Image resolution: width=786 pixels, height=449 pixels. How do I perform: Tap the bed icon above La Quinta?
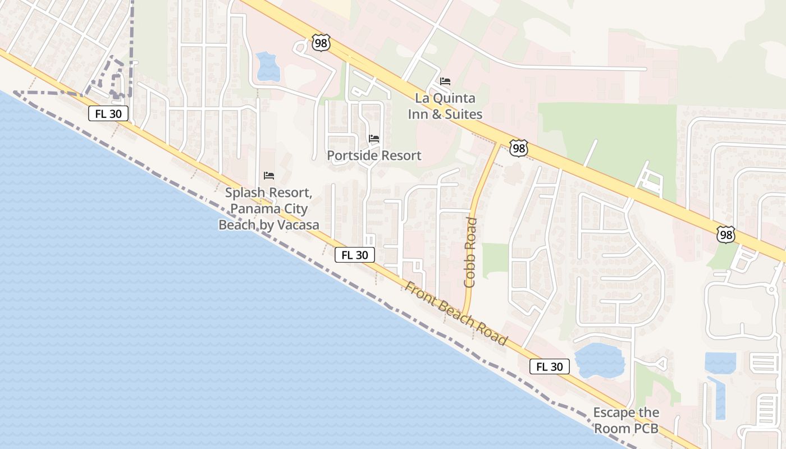pos(445,81)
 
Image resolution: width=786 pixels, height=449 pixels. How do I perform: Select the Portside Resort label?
pos(374,155)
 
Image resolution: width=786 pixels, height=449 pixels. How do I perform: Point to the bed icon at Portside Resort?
pos(374,139)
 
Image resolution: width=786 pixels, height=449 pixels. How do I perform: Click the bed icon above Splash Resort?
pos(269,176)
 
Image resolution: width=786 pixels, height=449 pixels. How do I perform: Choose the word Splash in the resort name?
pos(244,193)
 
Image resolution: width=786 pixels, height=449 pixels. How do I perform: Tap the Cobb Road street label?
pos(471,252)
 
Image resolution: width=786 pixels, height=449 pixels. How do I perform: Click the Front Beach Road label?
pos(456,313)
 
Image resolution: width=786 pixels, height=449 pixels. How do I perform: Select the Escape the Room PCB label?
pos(626,420)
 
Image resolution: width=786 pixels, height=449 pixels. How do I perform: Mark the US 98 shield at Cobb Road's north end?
pos(519,148)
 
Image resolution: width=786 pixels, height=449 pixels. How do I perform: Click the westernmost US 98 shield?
pos(321,43)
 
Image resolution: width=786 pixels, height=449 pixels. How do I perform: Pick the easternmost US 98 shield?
pos(726,235)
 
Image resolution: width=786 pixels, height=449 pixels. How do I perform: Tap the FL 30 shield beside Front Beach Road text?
pos(355,255)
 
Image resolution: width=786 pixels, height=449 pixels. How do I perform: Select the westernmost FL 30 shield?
pos(108,114)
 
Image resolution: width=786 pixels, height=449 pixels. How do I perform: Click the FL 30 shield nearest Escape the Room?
pos(550,367)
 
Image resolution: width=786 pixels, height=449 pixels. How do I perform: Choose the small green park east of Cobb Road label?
pos(495,260)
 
